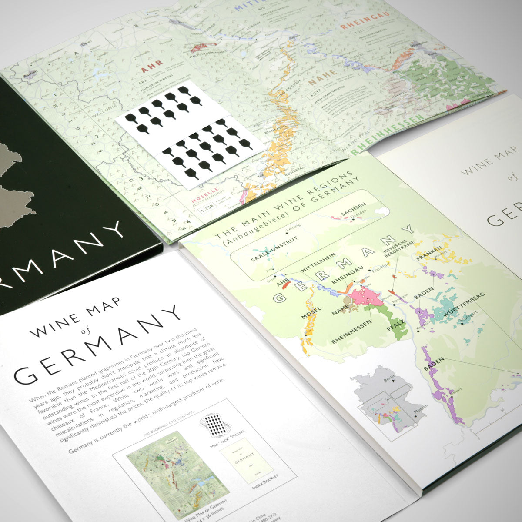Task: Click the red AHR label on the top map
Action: [149, 70]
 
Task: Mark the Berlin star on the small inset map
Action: [393, 382]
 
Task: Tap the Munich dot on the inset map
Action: [416, 415]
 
